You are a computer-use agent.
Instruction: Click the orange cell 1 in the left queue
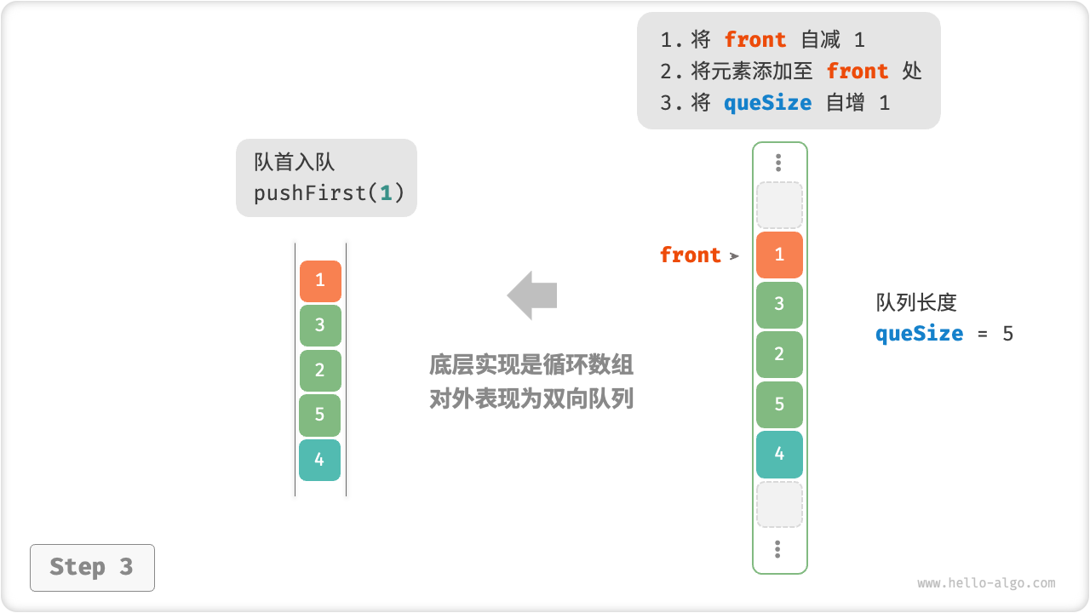pos(320,281)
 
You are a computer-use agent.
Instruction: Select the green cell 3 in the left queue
pos(320,325)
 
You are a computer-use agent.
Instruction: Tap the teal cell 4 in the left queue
pos(319,460)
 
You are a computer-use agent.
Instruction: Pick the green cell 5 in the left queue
pos(319,415)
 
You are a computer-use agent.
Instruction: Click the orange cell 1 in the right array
pos(779,255)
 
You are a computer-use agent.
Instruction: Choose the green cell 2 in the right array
pos(779,354)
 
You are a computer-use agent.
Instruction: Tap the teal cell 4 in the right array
pos(779,454)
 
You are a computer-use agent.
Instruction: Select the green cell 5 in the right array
pos(779,404)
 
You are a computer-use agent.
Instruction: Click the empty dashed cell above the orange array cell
pos(779,205)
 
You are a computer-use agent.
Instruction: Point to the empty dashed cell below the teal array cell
pos(779,504)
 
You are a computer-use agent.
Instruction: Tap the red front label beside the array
pos(690,255)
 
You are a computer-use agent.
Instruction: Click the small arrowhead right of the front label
pos(734,255)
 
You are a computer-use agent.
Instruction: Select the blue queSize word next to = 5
pos(919,333)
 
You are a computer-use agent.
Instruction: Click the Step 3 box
pos(92,567)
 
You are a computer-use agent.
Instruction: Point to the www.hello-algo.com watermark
pos(986,583)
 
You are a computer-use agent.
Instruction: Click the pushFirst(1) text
pos(329,192)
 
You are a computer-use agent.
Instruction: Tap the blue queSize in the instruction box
pos(767,103)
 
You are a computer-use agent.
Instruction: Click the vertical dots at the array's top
pos(778,163)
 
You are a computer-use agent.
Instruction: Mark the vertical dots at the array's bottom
pos(778,549)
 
